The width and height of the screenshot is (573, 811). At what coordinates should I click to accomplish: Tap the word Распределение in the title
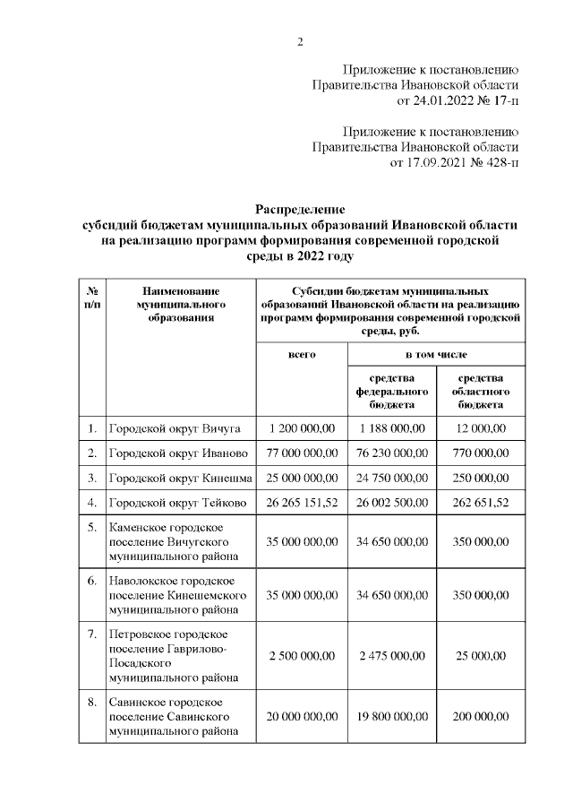[x=301, y=209]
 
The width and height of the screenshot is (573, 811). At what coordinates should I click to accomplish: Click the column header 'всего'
[x=302, y=355]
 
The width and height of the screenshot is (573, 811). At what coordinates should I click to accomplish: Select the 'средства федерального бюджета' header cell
[x=391, y=392]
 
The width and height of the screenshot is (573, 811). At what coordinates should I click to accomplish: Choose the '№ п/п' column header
[x=91, y=298]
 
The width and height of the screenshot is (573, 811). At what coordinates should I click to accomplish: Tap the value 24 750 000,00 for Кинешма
[x=391, y=478]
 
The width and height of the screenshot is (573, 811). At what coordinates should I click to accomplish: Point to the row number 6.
[x=91, y=580]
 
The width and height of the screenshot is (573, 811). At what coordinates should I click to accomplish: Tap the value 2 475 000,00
[x=391, y=655]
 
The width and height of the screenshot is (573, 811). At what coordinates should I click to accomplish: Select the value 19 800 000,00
[x=391, y=717]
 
